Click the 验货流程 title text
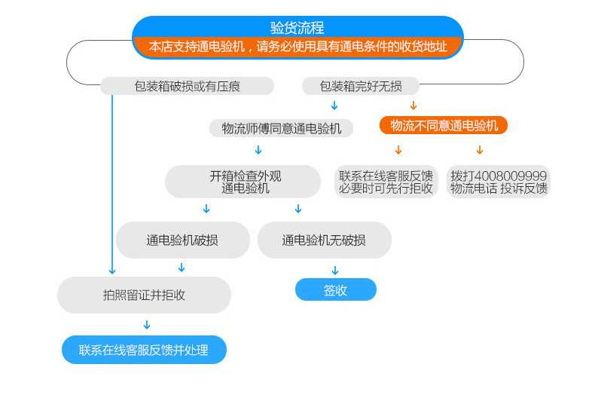tap(297, 28)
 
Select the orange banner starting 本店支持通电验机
tap(297, 47)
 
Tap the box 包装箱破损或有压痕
tap(187, 86)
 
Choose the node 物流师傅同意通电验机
tap(281, 128)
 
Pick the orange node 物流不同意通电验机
tap(443, 125)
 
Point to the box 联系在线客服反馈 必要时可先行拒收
tap(386, 182)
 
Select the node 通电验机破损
tap(182, 240)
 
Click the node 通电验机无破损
tap(324, 240)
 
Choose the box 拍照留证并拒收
tap(144, 295)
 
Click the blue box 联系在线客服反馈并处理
tap(144, 350)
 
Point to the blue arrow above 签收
tap(335, 271)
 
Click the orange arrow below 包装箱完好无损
tap(413, 106)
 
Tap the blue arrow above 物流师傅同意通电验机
tap(334, 106)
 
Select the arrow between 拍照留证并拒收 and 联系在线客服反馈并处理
tap(147, 325)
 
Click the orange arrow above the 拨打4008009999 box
tap(479, 150)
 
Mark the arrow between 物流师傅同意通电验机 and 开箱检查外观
tap(258, 150)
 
